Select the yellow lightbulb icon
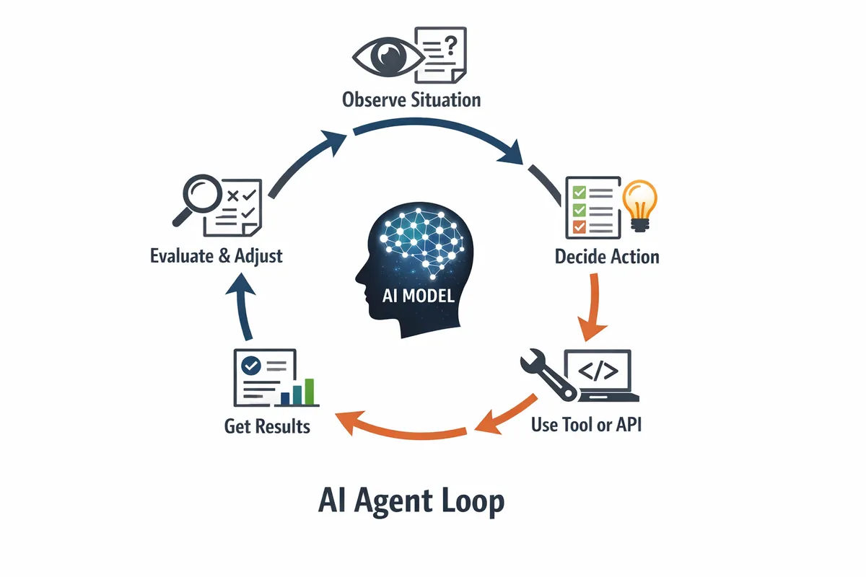[640, 204]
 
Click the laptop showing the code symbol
[600, 375]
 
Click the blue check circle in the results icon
[252, 365]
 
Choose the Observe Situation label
[412, 99]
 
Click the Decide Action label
[607, 256]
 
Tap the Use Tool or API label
[586, 424]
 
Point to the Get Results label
[267, 426]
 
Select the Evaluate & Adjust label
[216, 255]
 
